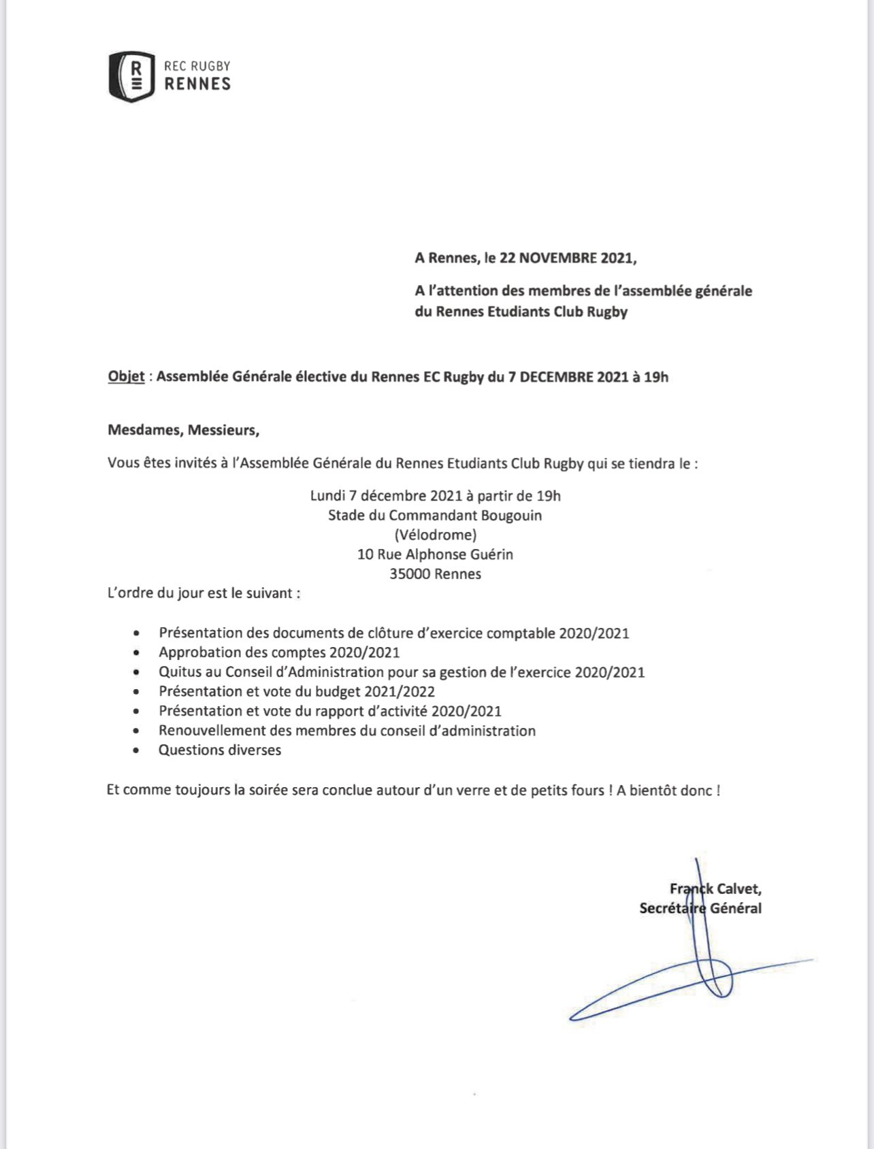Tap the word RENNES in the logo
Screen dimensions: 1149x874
pos(197,84)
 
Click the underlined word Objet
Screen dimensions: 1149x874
pos(126,376)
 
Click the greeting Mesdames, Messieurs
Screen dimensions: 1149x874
pos(183,430)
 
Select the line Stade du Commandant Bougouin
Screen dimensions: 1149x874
pos(435,515)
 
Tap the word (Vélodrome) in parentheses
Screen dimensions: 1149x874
pos(435,534)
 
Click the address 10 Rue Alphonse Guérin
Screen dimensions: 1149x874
pos(435,554)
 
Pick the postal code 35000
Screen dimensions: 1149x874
pos(410,573)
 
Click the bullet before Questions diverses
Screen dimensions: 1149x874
pos(137,750)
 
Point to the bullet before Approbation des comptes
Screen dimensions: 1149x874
pos(137,652)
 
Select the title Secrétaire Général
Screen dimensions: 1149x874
pos(700,908)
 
